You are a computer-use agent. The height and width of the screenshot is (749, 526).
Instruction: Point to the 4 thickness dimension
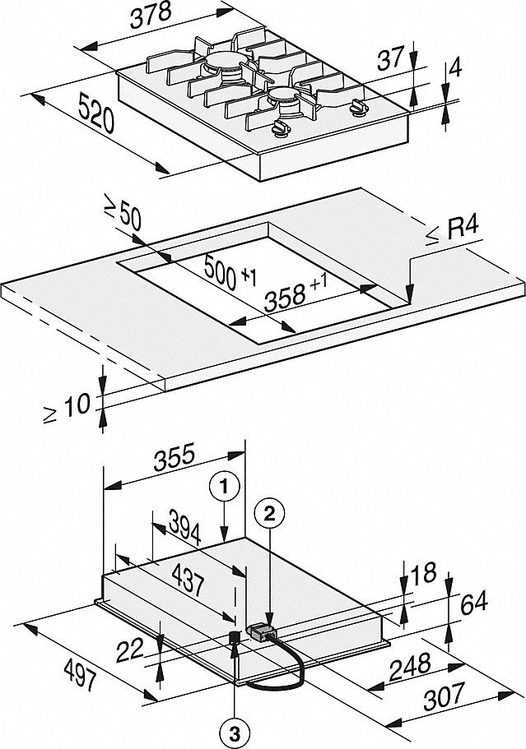tap(455, 71)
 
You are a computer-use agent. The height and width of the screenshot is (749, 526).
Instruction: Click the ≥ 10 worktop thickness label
tap(70, 403)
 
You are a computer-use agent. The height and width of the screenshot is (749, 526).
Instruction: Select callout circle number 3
tap(235, 728)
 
